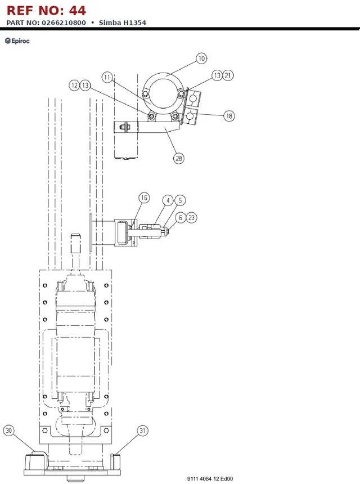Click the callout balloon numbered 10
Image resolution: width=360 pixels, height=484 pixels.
[201, 59]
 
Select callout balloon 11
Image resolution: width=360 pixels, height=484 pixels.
[107, 77]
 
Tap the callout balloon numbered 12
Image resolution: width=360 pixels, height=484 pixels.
[74, 85]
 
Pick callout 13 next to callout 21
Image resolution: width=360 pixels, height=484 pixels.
[217, 75]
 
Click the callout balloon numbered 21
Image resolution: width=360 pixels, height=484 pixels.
[228, 75]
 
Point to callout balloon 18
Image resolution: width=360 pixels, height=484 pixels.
[229, 116]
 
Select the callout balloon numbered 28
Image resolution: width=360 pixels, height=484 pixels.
[179, 158]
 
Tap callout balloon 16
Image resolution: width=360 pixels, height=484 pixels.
[144, 198]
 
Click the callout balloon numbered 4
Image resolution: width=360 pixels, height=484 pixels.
[168, 201]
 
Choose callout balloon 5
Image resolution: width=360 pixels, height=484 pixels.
[180, 201]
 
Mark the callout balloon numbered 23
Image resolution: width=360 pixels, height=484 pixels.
[191, 218]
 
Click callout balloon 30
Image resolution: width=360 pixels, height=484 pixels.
[9, 431]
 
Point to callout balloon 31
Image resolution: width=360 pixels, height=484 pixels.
[142, 431]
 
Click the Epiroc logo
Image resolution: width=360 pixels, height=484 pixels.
[17, 41]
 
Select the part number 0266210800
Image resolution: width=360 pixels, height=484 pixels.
[64, 23]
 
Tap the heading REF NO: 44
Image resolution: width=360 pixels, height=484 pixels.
[46, 11]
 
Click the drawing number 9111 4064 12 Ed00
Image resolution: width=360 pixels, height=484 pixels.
[210, 479]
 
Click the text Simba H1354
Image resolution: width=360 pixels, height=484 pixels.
[123, 23]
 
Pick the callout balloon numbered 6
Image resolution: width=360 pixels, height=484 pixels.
[181, 218]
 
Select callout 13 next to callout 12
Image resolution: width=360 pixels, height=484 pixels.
[85, 85]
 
